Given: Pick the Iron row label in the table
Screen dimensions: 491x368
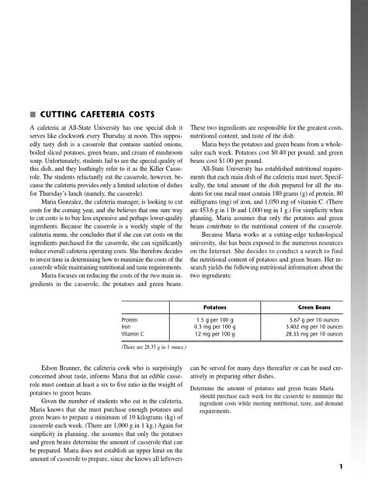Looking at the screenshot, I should click(127, 326).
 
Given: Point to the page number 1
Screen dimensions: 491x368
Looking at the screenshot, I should click(340, 466).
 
